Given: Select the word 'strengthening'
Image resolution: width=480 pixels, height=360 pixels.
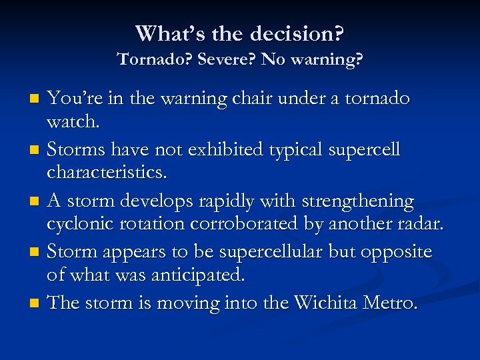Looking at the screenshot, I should (x=357, y=201).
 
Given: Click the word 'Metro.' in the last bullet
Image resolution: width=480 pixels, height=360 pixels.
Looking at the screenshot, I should (x=389, y=303).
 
